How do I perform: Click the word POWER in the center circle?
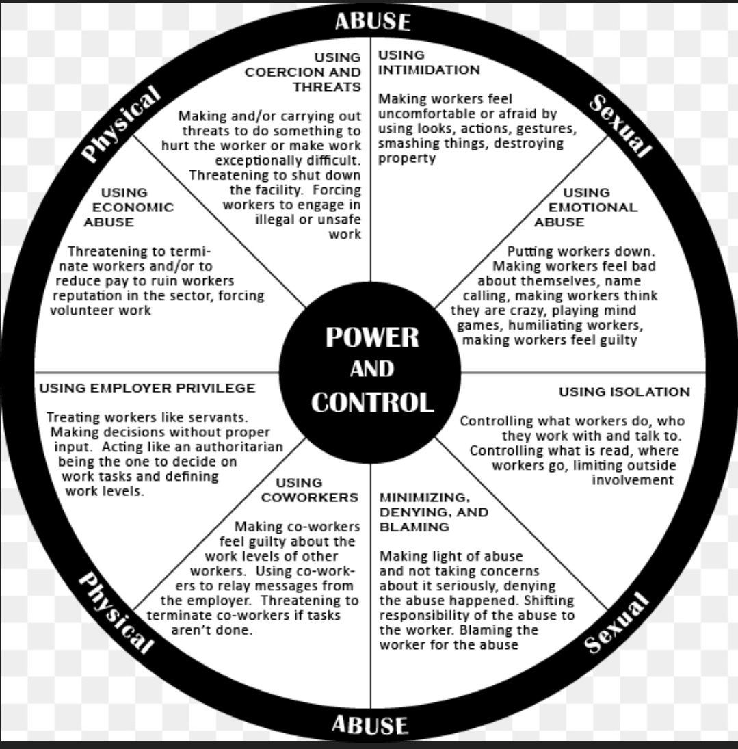tap(371, 337)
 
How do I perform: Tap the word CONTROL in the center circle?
tap(371, 402)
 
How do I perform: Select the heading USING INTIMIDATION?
tap(429, 62)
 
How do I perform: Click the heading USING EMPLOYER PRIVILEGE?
tap(147, 389)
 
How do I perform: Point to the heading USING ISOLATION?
tap(624, 392)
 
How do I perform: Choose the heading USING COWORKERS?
tap(309, 490)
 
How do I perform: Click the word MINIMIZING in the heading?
tap(424, 497)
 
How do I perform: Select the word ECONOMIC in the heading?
tap(133, 207)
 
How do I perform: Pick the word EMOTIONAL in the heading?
tap(593, 207)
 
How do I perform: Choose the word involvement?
tap(632, 480)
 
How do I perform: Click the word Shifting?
tap(549, 600)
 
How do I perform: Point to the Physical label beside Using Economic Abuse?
tap(120, 124)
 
